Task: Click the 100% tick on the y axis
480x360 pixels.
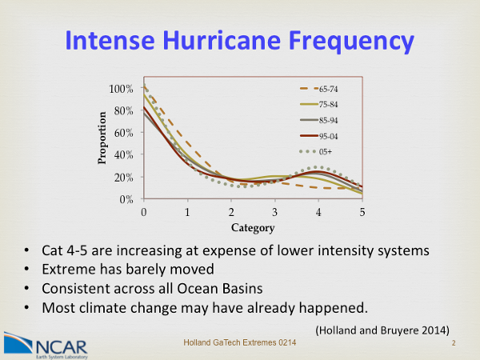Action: pyautogui.click(x=121, y=88)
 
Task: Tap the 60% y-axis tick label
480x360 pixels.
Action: pyautogui.click(x=123, y=133)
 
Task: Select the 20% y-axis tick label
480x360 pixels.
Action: pyautogui.click(x=123, y=177)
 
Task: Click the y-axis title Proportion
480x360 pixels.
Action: pyautogui.click(x=102, y=142)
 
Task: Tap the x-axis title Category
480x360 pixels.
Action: pyautogui.click(x=253, y=226)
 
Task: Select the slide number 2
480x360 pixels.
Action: pyautogui.click(x=454, y=344)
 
